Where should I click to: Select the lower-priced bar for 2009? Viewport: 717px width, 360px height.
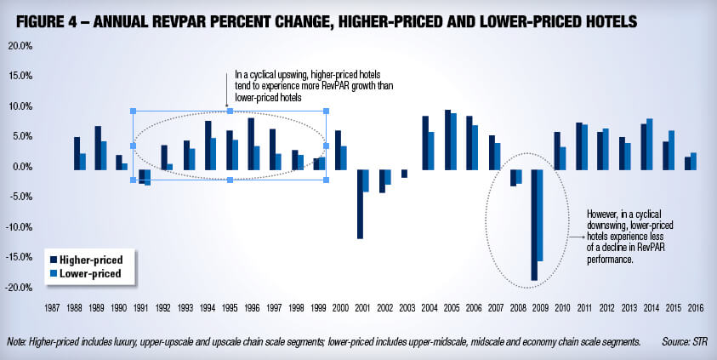coord(540,214)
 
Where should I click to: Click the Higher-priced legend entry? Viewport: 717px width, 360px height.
coord(85,259)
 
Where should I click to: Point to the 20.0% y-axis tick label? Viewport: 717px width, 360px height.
coord(19,46)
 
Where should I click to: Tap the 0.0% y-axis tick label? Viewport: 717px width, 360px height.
coord(20,167)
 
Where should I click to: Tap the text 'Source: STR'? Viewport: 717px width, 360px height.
coord(687,341)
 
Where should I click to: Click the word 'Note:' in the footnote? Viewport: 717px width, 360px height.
coord(16,341)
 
